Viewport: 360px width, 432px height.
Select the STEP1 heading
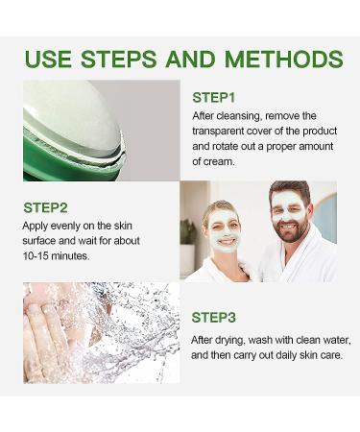tap(213, 97)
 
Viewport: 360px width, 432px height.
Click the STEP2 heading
tap(44, 206)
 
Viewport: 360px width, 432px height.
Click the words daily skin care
tap(315, 355)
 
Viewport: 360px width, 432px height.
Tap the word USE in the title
tap(50, 59)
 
